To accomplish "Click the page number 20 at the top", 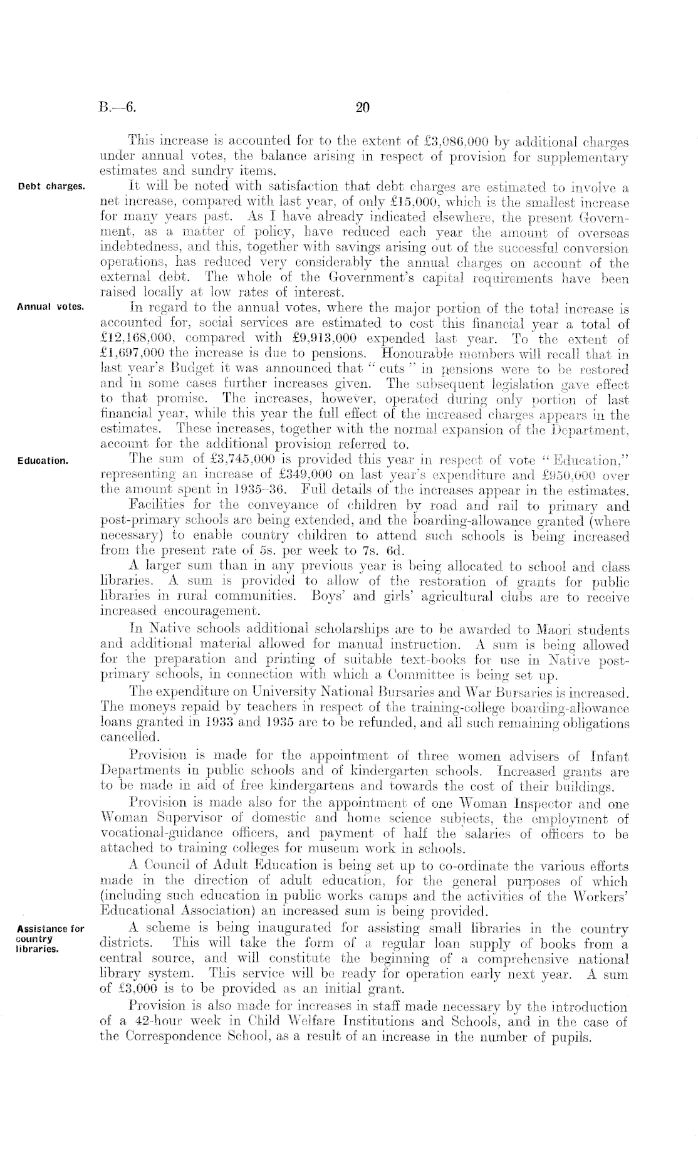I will pyautogui.click(x=363, y=108).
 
